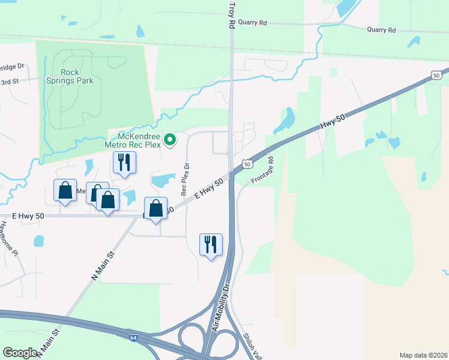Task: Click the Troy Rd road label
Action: click(231, 15)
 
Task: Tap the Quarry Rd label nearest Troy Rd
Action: click(252, 22)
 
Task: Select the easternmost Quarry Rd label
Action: click(382, 29)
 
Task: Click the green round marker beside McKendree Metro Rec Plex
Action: click(170, 140)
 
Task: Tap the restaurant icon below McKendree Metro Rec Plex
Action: click(124, 163)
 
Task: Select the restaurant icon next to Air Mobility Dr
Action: click(211, 245)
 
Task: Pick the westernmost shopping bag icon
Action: click(65, 190)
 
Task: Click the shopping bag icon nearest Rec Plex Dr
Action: click(156, 209)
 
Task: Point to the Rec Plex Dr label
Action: click(185, 179)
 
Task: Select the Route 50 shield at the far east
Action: click(436, 74)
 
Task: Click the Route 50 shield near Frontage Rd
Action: click(247, 164)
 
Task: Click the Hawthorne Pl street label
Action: click(9, 239)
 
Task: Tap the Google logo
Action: click(20, 353)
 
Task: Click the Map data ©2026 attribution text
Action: click(423, 355)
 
